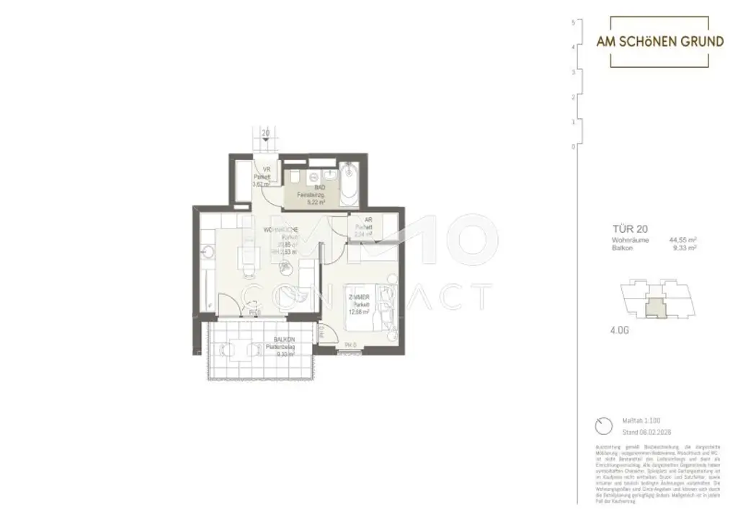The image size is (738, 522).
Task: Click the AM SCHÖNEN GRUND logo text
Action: pyautogui.click(x=659, y=42)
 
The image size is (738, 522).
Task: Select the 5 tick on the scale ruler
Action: pyautogui.click(x=572, y=23)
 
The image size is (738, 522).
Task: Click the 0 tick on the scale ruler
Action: pyautogui.click(x=572, y=146)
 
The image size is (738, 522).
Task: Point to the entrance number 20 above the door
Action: pyautogui.click(x=266, y=133)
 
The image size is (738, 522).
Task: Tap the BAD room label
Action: pyautogui.click(x=310, y=187)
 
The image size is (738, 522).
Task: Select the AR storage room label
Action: pyautogui.click(x=368, y=222)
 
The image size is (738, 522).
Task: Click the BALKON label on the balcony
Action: pyautogui.click(x=283, y=340)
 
